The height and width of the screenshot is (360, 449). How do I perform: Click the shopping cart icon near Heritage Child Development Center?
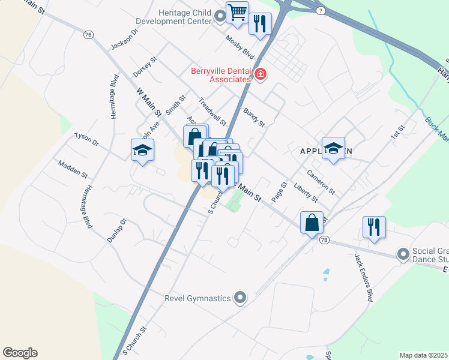[238, 12]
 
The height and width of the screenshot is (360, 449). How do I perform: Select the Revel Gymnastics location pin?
[241, 297]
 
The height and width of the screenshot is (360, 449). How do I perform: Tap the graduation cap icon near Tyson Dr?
[143, 150]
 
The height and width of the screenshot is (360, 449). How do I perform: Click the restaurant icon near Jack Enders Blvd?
[374, 227]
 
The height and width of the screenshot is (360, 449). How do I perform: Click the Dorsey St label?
[145, 67]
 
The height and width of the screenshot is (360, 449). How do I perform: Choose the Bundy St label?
[254, 117]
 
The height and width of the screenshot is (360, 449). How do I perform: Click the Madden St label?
[73, 169]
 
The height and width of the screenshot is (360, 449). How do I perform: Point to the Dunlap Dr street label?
[117, 230]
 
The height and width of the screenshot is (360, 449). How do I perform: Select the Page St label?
[280, 192]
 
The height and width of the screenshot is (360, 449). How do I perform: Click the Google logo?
[20, 353]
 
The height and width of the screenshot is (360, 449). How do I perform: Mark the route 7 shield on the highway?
[322, 11]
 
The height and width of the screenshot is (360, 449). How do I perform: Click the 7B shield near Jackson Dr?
[89, 35]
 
